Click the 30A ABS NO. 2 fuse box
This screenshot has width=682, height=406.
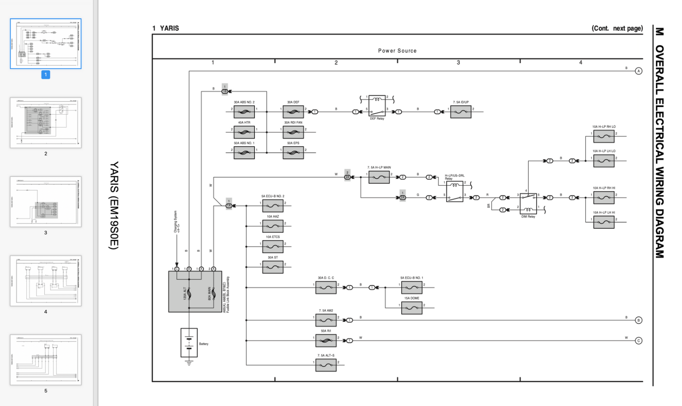pos(244,112)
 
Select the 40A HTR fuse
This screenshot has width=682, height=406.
pos(244,132)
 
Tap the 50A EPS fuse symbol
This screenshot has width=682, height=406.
pos(293,152)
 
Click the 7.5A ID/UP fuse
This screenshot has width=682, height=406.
pos(461,112)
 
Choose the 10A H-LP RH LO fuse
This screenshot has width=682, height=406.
pos(604,136)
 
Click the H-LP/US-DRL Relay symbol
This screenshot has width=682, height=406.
pos(455,191)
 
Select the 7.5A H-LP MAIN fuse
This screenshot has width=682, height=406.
pos(379,177)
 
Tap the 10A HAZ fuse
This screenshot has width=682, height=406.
pos(273,226)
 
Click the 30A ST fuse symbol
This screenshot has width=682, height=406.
pos(273,267)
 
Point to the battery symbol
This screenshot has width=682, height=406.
pos(189,343)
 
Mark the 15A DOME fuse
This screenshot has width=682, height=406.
pos(412,308)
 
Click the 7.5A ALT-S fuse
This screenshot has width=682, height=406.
pos(326,365)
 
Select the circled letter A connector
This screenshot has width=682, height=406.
pos(639,71)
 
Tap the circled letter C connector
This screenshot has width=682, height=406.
pos(639,340)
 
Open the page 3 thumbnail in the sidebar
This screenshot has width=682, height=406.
pos(46,202)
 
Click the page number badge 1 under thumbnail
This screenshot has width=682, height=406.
pos(46,75)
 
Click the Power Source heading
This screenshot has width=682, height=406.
pos(397,50)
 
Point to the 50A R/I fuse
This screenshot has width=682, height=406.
pos(326,340)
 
